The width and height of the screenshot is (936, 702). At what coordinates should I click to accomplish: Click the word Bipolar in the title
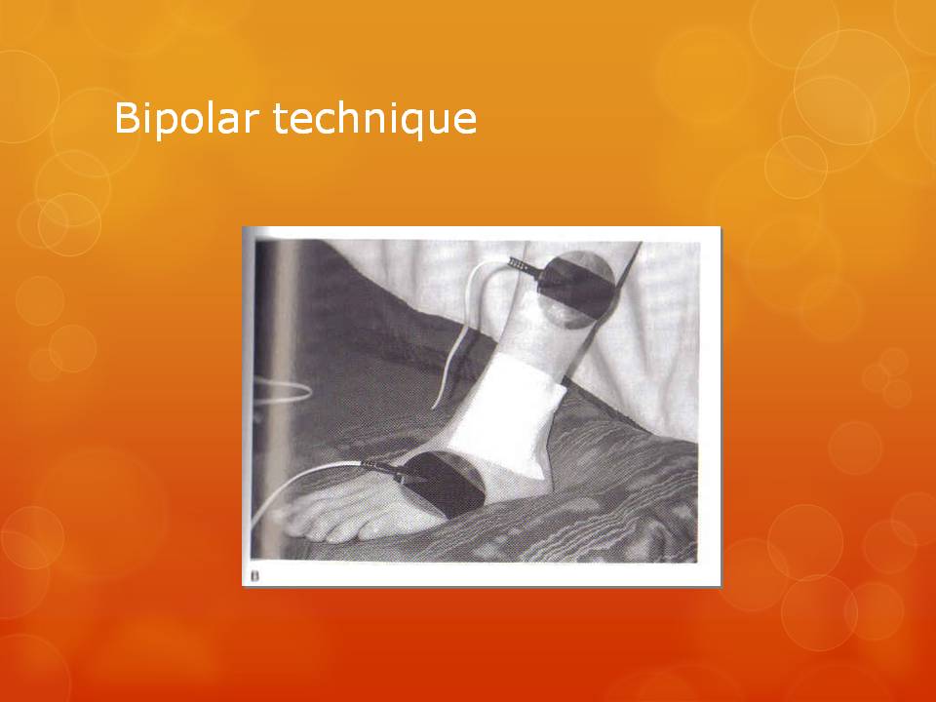tap(185, 118)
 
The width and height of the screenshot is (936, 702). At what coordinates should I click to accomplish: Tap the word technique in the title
tap(374, 118)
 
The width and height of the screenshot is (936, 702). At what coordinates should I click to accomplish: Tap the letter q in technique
tap(414, 123)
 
